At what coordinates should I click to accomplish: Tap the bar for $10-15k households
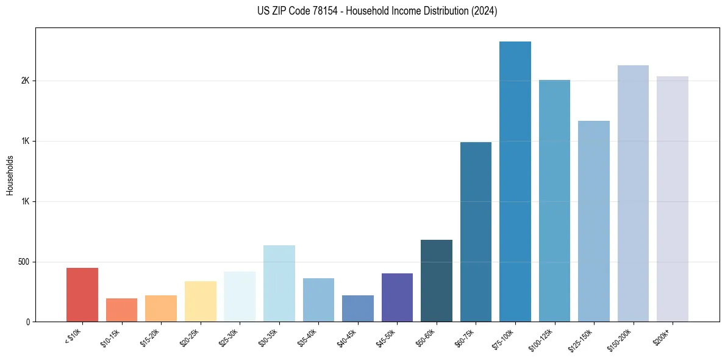coord(121,310)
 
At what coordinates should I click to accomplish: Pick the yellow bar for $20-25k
coord(200,301)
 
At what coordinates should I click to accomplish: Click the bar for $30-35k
coord(279,284)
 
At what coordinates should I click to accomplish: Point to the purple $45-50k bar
coord(397,298)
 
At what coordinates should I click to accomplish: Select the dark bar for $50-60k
coord(437,281)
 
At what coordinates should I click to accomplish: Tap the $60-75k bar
coord(476,232)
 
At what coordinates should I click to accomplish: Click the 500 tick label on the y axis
coord(24,262)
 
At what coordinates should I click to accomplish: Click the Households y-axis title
coord(10,175)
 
